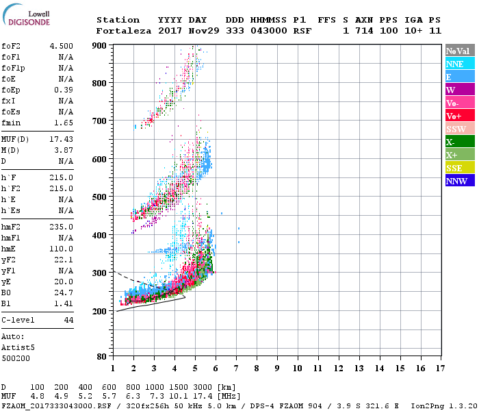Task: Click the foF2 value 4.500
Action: coord(62,46)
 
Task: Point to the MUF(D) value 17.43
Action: coord(62,139)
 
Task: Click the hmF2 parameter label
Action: coord(12,227)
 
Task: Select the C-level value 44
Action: coord(68,320)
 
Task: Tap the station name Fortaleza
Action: coord(125,31)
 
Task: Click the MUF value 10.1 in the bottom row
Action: coord(178,397)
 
